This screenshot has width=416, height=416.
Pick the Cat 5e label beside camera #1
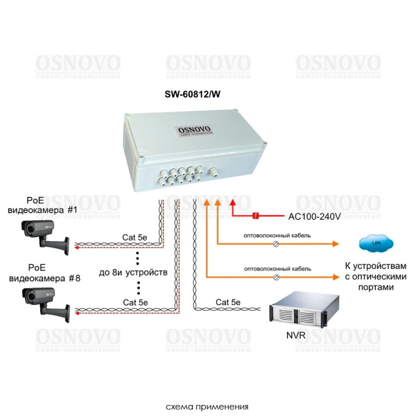pyautogui.click(x=135, y=237)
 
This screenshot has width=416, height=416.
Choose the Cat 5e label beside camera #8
pyautogui.click(x=135, y=302)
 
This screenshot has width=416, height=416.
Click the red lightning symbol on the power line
pyautogui.click(x=256, y=216)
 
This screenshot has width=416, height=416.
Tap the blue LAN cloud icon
pyautogui.click(x=377, y=243)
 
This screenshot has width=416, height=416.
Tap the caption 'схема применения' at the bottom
pyautogui.click(x=207, y=406)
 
